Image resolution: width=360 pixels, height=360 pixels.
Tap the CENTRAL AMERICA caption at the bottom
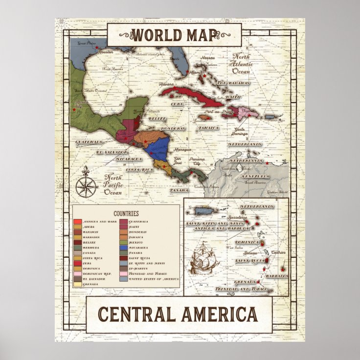179,314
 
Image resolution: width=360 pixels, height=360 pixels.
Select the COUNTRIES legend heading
126,213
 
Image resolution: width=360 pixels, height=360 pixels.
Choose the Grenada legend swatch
78,284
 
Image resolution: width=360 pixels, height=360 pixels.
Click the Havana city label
167,84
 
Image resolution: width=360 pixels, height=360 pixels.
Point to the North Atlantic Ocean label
241,64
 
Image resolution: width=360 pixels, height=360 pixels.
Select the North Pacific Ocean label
112,184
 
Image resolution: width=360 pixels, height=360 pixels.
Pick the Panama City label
199,161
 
